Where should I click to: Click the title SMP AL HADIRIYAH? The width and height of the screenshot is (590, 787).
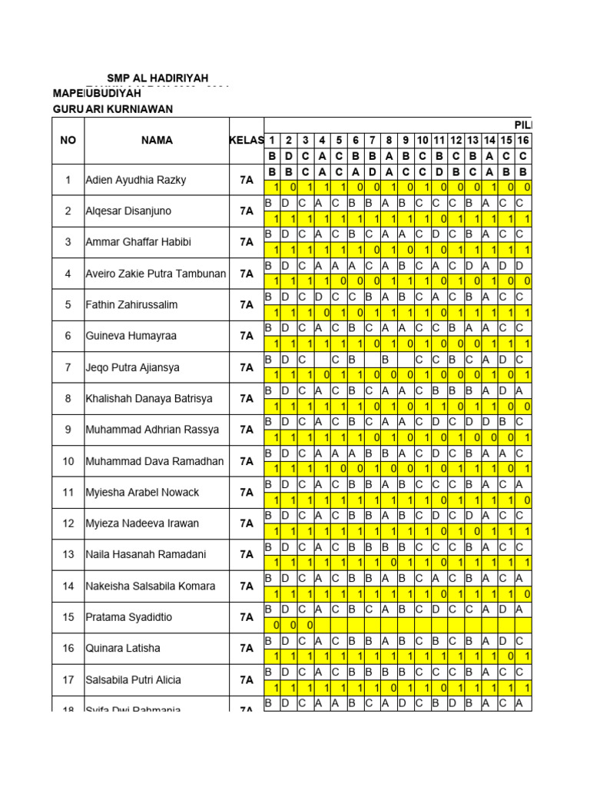point(157,78)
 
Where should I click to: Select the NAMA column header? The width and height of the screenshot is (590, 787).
point(157,141)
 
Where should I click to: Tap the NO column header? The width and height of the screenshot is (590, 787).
point(67,141)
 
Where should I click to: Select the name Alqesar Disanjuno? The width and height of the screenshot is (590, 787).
point(128,211)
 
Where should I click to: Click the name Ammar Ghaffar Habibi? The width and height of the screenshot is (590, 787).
point(138,242)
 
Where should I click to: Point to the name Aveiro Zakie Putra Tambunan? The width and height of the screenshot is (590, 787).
point(156,274)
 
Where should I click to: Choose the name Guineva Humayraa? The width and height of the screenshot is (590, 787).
point(131,336)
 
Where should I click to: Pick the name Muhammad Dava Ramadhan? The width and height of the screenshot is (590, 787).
point(154,461)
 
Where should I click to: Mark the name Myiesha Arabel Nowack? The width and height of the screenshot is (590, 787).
point(142,492)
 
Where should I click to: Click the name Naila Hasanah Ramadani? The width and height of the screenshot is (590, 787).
point(144,554)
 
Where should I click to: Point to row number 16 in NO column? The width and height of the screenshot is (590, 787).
point(68,649)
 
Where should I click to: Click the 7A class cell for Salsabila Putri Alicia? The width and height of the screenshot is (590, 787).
point(246,680)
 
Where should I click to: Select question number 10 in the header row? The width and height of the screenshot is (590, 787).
point(423,141)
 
